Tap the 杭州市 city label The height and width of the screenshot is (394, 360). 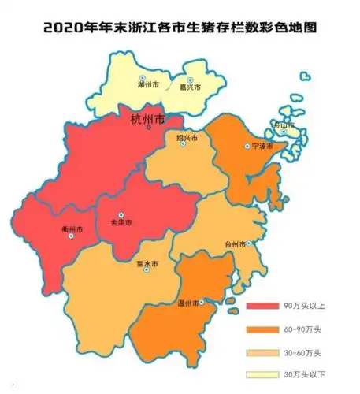147,120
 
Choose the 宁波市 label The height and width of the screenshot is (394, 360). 262,147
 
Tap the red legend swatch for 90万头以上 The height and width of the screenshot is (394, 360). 262,306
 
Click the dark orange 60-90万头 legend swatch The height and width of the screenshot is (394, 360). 262,329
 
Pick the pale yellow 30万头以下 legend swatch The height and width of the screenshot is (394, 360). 262,374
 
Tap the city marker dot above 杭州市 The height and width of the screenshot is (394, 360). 148,127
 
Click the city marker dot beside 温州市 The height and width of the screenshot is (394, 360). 202,302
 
